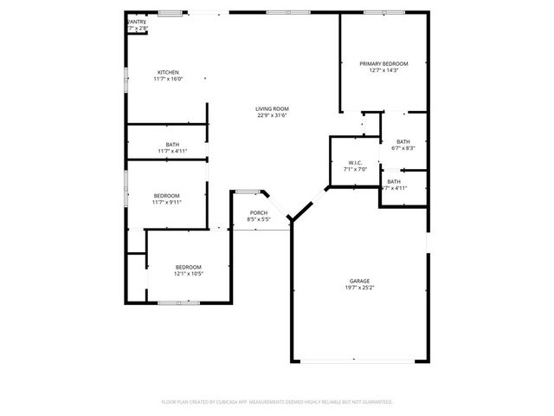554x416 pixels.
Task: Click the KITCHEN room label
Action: click(168, 72)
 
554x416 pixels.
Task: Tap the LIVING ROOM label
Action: click(272, 108)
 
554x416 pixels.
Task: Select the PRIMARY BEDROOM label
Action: click(383, 64)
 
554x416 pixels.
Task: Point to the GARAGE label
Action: click(359, 281)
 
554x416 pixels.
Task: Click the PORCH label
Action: click(259, 212)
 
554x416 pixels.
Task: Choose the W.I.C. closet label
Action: click(355, 163)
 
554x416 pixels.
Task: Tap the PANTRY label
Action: click(138, 22)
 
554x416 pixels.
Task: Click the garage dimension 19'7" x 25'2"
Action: click(359, 288)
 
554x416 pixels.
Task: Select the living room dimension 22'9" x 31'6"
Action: click(272, 115)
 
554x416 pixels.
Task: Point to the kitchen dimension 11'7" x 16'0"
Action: click(168, 79)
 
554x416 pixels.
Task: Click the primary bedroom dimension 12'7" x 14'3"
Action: click(383, 71)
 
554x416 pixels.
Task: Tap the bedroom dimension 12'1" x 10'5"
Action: click(189, 274)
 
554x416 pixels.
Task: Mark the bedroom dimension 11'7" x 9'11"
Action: click(167, 202)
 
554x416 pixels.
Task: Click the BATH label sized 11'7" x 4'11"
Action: click(173, 144)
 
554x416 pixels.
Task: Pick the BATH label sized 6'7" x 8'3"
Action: click(403, 141)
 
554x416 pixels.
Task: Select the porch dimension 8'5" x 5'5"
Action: click(259, 219)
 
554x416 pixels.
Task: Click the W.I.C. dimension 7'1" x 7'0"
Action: click(355, 170)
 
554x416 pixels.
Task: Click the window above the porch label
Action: click(247, 191)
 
